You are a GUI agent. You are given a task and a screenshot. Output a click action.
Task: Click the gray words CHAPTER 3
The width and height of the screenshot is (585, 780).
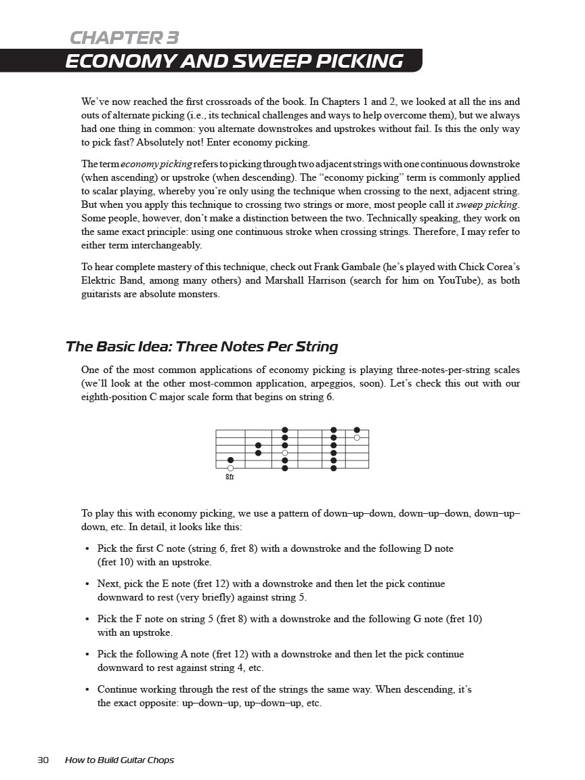[x=125, y=38]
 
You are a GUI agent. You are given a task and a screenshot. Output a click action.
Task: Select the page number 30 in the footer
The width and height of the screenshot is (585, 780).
[x=43, y=760]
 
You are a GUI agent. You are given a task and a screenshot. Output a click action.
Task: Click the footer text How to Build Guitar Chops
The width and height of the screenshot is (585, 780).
[x=119, y=760]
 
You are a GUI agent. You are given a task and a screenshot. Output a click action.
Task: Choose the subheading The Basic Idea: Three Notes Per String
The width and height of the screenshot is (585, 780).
[x=201, y=347]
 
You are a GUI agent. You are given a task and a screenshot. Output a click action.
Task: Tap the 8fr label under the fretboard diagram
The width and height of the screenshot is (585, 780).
[x=230, y=477]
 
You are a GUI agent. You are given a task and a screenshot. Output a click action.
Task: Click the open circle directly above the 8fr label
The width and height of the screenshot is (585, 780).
[x=230, y=468]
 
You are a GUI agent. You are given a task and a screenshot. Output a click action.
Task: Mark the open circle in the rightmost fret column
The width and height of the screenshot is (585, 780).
[x=357, y=437]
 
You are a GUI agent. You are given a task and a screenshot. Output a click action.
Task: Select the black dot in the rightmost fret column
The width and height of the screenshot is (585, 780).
[x=357, y=430]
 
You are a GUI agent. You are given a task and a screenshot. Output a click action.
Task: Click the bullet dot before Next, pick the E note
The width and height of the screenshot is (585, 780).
[x=88, y=584]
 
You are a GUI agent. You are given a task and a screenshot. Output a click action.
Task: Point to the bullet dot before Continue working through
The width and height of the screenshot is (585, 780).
[x=88, y=690]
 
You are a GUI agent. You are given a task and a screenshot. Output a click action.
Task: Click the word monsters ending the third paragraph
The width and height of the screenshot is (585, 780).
[x=201, y=294]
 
